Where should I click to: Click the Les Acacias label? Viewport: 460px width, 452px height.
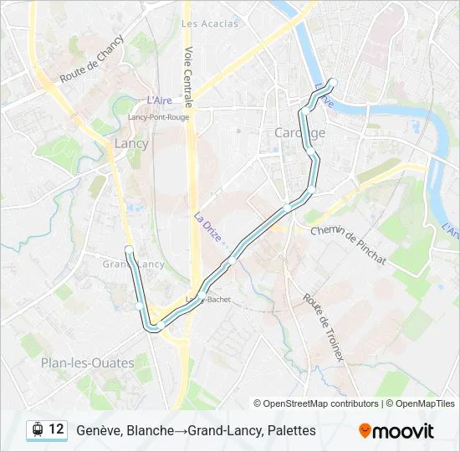coord(210,23)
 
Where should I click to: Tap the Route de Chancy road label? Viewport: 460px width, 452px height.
coord(92,59)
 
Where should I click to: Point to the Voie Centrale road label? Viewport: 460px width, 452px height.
coord(190,76)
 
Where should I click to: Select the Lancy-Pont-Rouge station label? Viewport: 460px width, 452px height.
coord(158,117)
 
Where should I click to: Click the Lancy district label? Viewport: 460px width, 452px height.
coord(130,143)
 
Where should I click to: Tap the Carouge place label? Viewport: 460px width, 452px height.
coord(299,133)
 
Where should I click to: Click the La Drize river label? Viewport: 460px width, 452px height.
coord(208,227)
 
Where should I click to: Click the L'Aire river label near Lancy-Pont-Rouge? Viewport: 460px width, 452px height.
coord(159,100)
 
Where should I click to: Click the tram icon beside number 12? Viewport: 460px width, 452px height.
coord(37,429)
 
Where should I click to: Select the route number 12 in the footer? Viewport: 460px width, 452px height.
coord(56,429)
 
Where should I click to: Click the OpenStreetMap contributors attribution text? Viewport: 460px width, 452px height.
coord(321,403)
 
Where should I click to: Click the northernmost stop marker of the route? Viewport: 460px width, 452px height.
coord(332,82)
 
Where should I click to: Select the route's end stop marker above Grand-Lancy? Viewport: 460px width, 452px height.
coord(128,249)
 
